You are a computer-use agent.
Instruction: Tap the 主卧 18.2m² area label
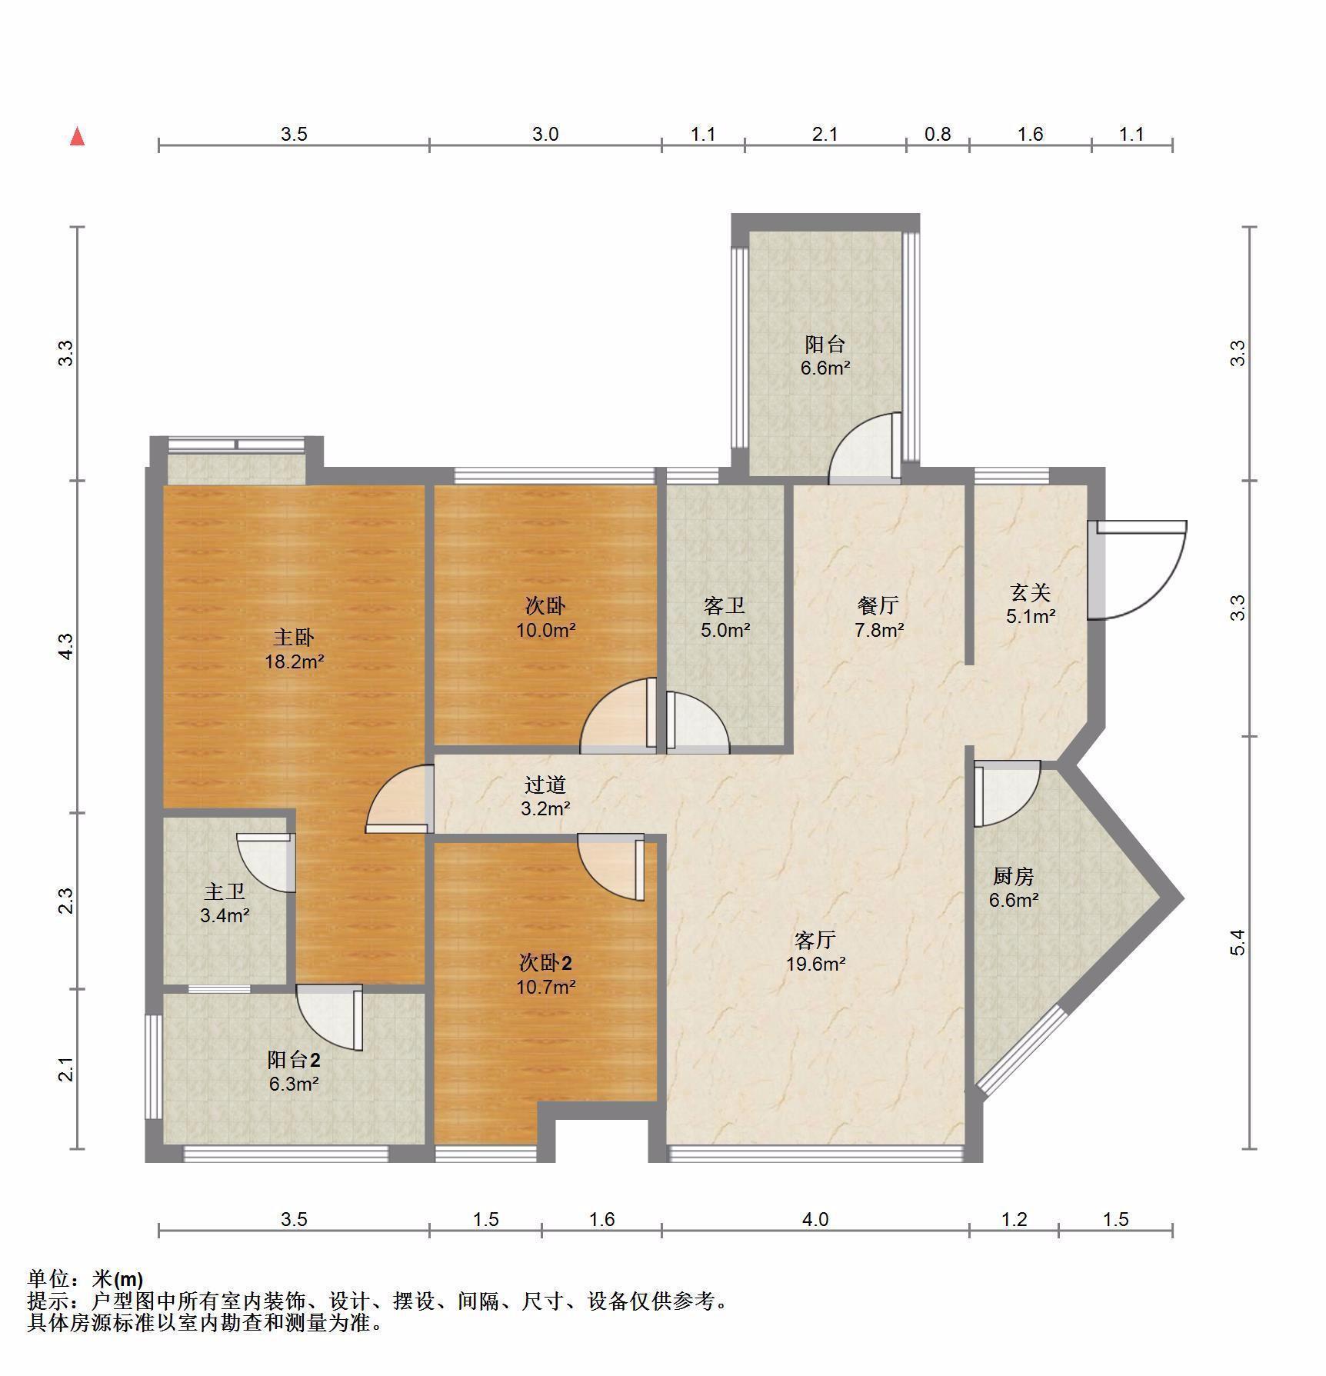coord(295,649)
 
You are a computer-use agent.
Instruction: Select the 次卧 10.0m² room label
coord(545,618)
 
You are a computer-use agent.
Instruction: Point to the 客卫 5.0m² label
coord(725,618)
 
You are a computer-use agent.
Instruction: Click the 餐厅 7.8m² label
coord(878,617)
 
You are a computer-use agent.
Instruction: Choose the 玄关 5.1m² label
coord(1030,604)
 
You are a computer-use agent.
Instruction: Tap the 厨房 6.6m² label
coord(1014,887)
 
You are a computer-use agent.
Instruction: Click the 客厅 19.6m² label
coord(815,951)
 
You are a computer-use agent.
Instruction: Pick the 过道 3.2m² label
coord(545,796)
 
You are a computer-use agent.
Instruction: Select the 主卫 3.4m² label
coord(225,903)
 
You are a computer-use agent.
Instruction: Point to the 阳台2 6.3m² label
coord(294,1071)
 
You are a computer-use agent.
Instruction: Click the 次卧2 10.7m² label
coord(545,974)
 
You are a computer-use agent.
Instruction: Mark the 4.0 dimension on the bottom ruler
coord(815,1219)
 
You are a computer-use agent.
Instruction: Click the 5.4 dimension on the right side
coord(1238,942)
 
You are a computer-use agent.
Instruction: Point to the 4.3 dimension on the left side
coord(67,646)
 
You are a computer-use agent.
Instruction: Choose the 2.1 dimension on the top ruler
coord(825,135)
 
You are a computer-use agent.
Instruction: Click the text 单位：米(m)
coord(85,1279)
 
